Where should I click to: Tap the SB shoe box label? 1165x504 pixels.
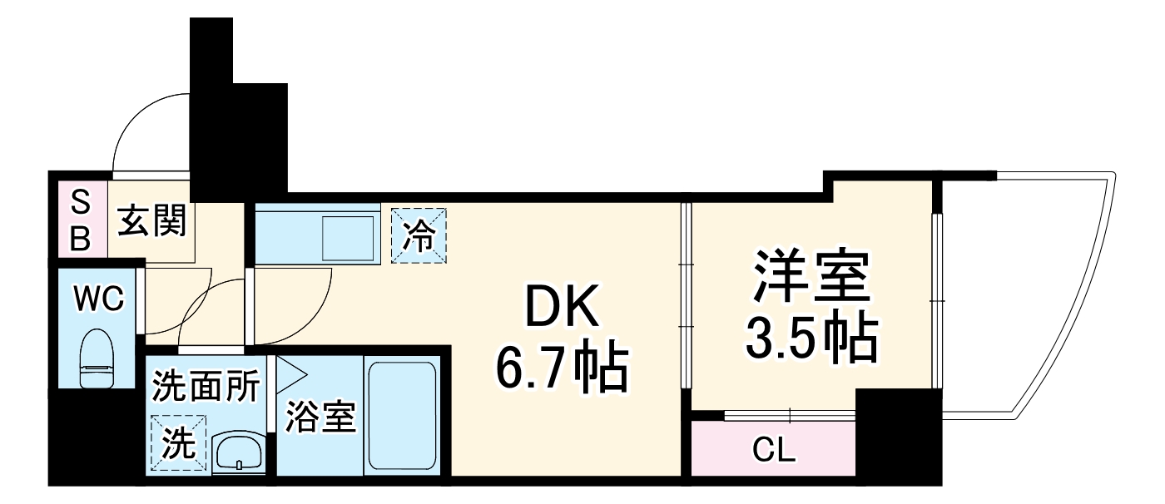click(80, 220)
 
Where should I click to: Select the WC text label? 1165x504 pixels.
click(98, 297)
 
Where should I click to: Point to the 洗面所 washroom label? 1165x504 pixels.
click(206, 387)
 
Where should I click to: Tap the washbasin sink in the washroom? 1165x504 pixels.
click(240, 453)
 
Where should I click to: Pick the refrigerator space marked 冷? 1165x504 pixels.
click(419, 235)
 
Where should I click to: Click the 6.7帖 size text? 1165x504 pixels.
click(562, 369)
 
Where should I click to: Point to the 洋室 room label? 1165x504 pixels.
click(811, 279)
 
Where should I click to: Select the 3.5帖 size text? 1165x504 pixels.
click(811, 337)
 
